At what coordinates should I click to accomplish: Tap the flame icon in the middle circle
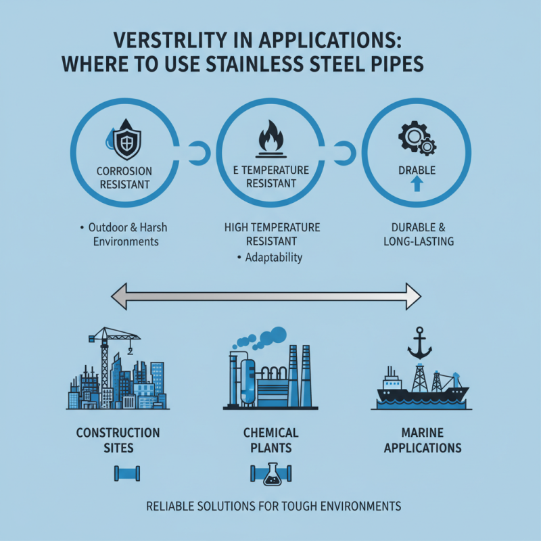271,136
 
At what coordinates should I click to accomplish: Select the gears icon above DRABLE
417,138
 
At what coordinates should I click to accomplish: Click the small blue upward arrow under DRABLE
417,183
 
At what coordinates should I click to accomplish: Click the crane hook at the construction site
130,351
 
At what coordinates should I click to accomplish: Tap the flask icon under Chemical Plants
273,475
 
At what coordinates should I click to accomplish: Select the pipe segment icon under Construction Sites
127,473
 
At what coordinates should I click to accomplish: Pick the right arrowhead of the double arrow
413,296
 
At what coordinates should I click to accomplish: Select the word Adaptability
274,258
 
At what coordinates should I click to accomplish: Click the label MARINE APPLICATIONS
423,440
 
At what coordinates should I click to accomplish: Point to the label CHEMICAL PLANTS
271,440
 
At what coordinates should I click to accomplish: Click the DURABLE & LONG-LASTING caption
419,234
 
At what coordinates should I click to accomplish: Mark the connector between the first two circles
199,154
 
